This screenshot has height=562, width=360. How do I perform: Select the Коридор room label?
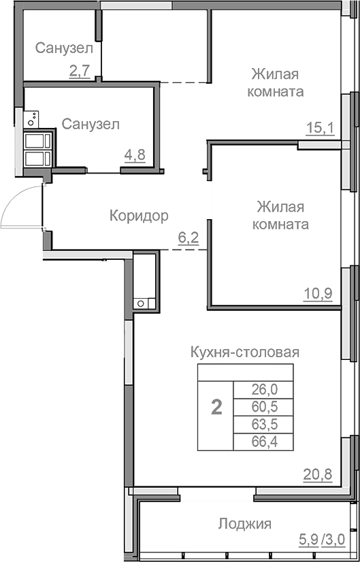(x=139, y=216)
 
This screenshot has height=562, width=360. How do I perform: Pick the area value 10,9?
(x=317, y=293)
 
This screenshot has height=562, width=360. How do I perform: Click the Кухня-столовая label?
(x=245, y=352)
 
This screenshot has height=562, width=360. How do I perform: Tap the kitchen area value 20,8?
(x=318, y=474)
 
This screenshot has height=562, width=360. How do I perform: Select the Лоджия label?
(x=245, y=523)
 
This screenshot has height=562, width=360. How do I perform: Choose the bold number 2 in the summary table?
(x=216, y=408)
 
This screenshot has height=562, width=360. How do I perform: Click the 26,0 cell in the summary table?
(x=265, y=390)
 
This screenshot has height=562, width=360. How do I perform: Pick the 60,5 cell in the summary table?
(x=265, y=408)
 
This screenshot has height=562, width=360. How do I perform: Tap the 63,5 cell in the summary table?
(x=265, y=425)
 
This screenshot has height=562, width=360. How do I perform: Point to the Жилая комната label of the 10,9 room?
(x=280, y=215)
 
